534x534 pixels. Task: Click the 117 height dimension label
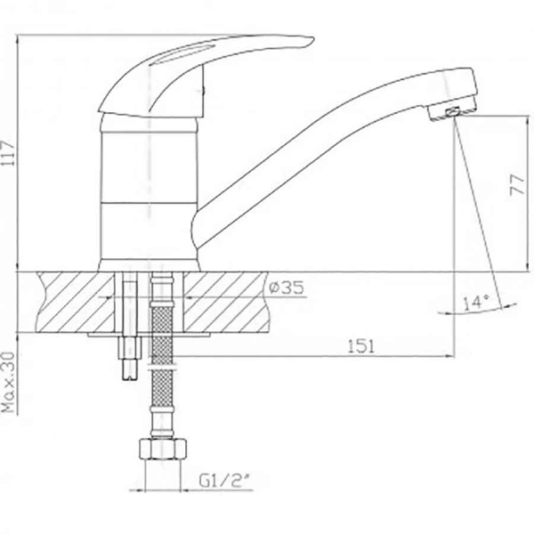(9, 153)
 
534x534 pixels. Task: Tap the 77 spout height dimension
(517, 185)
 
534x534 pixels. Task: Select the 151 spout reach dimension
(361, 346)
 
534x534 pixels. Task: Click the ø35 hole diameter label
(286, 288)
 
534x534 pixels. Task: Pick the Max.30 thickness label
(9, 383)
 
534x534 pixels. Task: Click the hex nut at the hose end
(163, 449)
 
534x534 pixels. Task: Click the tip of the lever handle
(312, 39)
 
